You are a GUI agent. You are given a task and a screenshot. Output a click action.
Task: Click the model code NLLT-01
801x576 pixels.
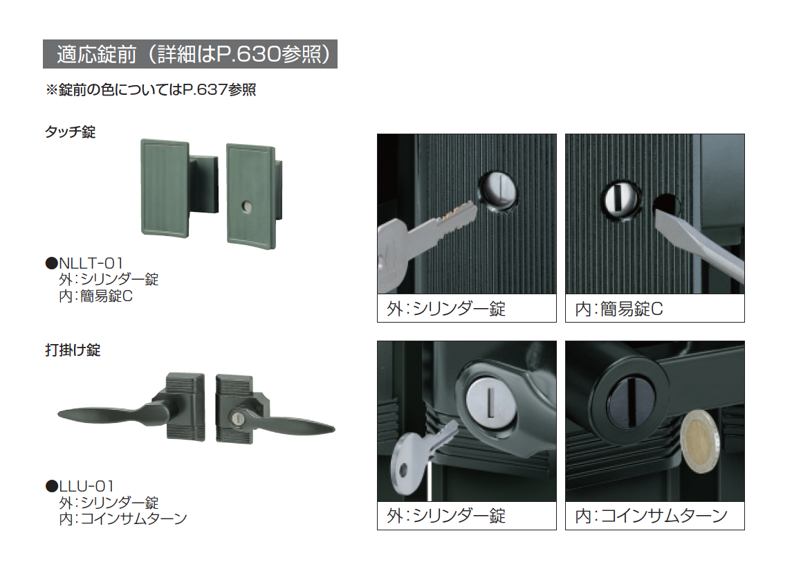(x=91, y=263)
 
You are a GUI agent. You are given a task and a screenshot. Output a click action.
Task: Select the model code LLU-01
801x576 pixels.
(x=86, y=486)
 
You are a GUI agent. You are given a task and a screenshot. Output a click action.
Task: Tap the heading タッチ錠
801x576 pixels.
(x=70, y=132)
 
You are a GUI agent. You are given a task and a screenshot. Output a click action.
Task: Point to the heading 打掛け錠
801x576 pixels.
(x=73, y=350)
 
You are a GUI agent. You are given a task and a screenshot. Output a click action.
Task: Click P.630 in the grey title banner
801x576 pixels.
(x=248, y=54)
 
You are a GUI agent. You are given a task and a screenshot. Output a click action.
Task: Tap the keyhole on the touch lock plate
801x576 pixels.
(x=246, y=207)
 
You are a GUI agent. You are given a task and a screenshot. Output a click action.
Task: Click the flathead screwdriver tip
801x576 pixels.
(x=664, y=219)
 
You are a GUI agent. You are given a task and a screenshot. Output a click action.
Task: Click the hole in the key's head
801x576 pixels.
(x=404, y=469)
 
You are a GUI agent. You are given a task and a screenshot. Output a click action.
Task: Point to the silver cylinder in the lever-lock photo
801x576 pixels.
(x=490, y=402)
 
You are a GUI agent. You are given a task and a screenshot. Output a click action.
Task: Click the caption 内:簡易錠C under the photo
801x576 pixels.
(x=618, y=309)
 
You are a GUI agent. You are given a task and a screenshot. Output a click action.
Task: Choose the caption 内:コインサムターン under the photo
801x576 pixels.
(x=652, y=516)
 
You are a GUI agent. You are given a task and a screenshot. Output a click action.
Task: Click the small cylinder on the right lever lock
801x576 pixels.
(x=238, y=419)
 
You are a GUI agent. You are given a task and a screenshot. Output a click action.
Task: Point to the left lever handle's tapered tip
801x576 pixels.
(x=59, y=415)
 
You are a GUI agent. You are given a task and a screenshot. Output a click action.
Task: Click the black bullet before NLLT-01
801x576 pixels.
(x=52, y=263)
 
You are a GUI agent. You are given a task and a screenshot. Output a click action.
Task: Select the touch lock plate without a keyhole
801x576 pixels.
(x=165, y=188)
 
